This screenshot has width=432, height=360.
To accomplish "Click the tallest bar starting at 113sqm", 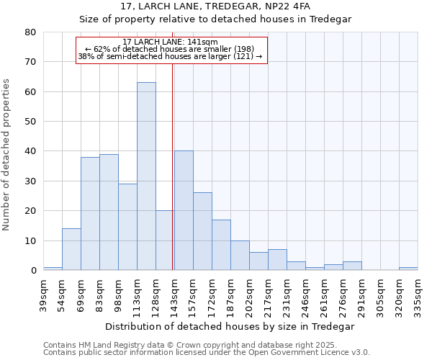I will tap(146, 176).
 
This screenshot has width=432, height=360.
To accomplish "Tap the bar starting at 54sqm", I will tap(71, 249).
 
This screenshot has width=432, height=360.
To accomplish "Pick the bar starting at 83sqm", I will tap(109, 212).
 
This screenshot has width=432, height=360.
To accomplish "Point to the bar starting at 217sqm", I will tap(277, 260).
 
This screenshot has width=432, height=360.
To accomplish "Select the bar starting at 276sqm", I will tap(352, 266).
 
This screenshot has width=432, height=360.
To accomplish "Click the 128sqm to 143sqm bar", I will tap(165, 240).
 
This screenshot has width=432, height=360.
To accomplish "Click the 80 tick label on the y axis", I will tap(31, 32).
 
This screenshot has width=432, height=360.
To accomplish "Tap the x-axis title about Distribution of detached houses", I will tap(230, 326).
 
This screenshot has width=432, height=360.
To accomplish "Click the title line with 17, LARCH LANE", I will tap(215, 6).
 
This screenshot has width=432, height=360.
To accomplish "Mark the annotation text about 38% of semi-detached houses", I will tap(170, 56).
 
